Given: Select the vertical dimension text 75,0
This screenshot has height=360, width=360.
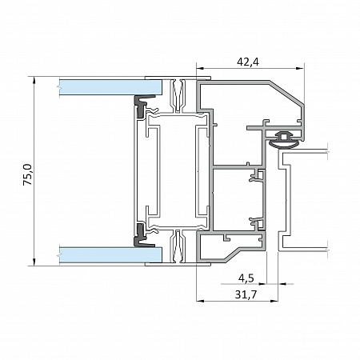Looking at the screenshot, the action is tap(27, 174).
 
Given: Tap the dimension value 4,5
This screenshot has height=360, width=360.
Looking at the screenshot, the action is tap(246, 278).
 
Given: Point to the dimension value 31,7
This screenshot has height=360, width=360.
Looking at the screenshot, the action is tap(246, 294).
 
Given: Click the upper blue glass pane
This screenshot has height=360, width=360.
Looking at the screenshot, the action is tap(110, 87).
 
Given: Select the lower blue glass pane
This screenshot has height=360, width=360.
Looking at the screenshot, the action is tap(110, 254).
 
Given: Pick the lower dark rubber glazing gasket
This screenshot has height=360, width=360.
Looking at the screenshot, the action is tap(142, 235).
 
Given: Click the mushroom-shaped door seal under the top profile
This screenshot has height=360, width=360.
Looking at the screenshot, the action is tap(284, 140).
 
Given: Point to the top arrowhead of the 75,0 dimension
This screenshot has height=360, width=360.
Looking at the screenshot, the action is tap(34, 80).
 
